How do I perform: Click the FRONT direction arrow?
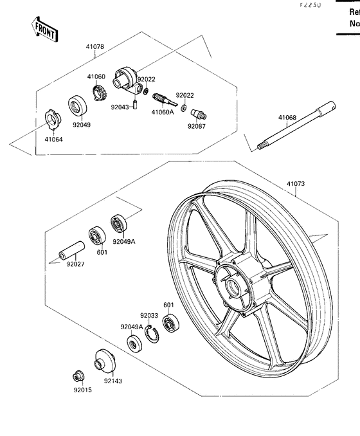pos(44,28)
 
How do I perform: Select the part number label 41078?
pos(95,47)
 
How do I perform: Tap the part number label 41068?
pos(287,118)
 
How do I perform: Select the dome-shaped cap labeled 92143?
pos(102,359)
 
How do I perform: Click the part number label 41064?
pos(54,138)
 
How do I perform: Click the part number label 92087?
pos(195,127)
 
